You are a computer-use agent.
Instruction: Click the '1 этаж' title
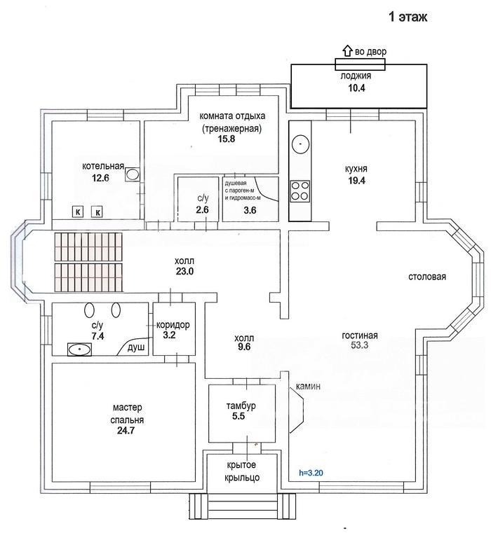(408, 17)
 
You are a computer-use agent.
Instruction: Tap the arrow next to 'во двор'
(347, 51)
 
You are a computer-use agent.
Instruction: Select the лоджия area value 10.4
(356, 88)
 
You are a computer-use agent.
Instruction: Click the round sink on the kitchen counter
(301, 144)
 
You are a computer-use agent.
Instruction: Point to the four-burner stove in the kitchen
(300, 191)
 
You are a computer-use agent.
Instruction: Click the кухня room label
(356, 169)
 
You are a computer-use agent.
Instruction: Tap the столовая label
(427, 277)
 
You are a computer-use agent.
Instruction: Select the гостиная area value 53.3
(360, 345)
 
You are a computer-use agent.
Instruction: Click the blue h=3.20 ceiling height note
(311, 473)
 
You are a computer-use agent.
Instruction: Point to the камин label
(308, 387)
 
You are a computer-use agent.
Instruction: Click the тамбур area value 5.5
(238, 416)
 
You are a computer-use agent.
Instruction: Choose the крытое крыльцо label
(242, 471)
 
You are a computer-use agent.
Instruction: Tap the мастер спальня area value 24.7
(126, 431)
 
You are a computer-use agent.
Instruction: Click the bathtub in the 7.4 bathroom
(80, 349)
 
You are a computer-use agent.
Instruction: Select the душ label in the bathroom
(136, 347)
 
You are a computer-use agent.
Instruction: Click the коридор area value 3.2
(169, 335)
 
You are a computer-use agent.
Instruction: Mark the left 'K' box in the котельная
(78, 212)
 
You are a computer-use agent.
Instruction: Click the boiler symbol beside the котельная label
(132, 174)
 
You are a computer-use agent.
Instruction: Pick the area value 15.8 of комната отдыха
(226, 139)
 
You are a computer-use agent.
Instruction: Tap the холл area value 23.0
(184, 271)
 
